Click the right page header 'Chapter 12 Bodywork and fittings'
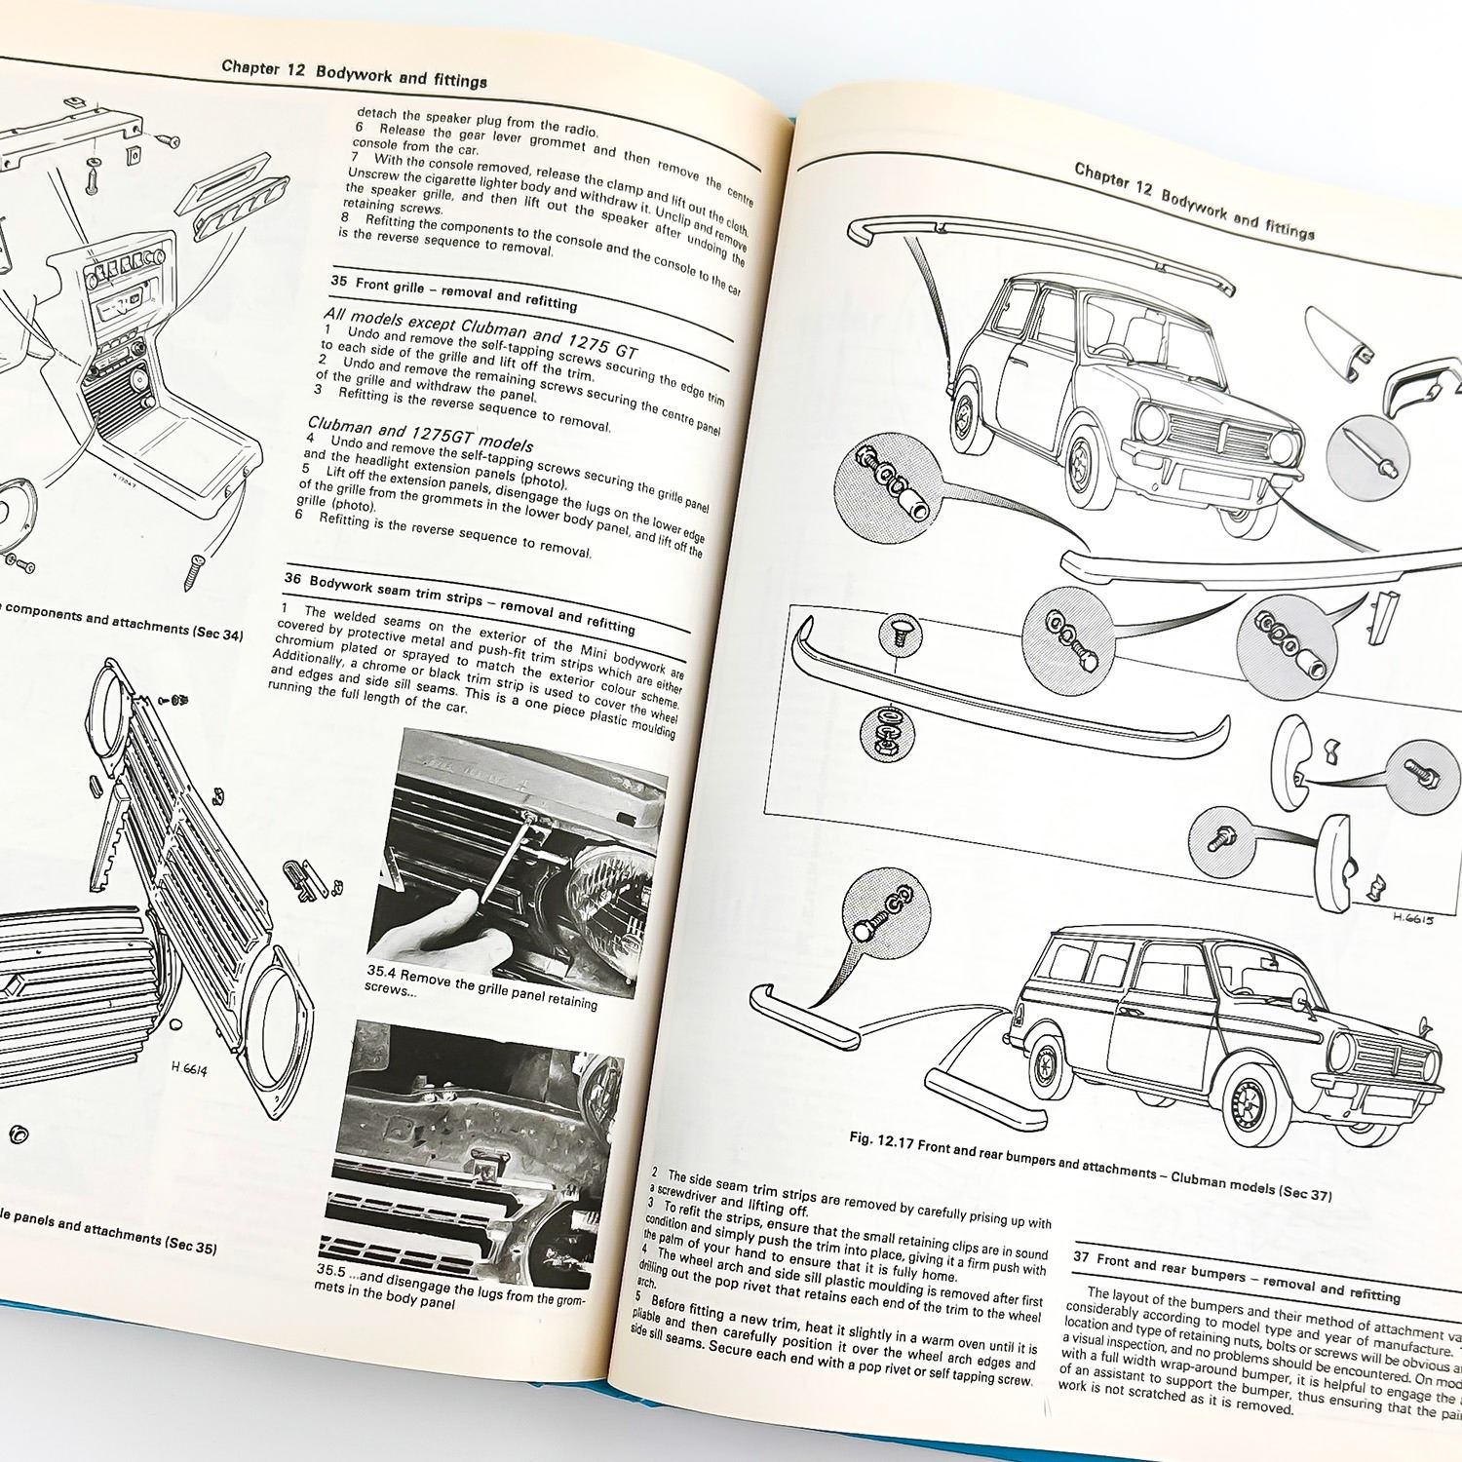1193,201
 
